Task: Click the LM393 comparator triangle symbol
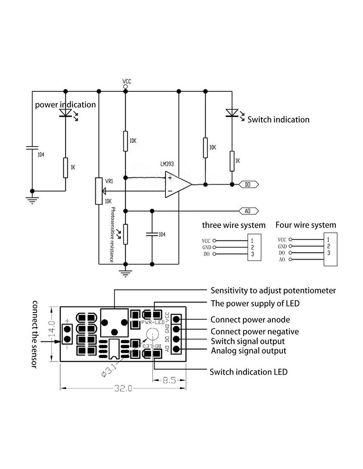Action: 177,185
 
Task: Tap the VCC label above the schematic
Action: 127,81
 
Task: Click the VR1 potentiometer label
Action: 109,181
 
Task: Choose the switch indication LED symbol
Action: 232,113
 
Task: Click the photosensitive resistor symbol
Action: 125,234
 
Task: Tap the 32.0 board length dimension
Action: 123,389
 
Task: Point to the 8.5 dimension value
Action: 169,380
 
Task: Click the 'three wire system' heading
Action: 234,225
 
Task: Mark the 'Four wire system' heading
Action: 306,225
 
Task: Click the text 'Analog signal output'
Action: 248,351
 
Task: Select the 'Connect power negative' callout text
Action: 254,331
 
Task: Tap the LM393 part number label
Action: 167,164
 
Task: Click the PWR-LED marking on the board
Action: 152,322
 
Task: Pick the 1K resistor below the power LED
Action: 66,168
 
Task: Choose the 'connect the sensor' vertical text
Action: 34,334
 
